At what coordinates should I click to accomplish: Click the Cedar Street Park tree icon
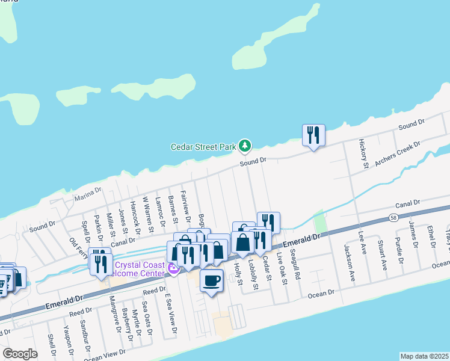(x=245, y=146)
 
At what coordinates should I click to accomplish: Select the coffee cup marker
(x=211, y=280)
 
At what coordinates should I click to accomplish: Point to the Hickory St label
(x=363, y=153)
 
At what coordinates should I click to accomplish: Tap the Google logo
(x=20, y=354)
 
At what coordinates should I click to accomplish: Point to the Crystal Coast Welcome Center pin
(x=174, y=269)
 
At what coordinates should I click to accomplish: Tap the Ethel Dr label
(x=431, y=236)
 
